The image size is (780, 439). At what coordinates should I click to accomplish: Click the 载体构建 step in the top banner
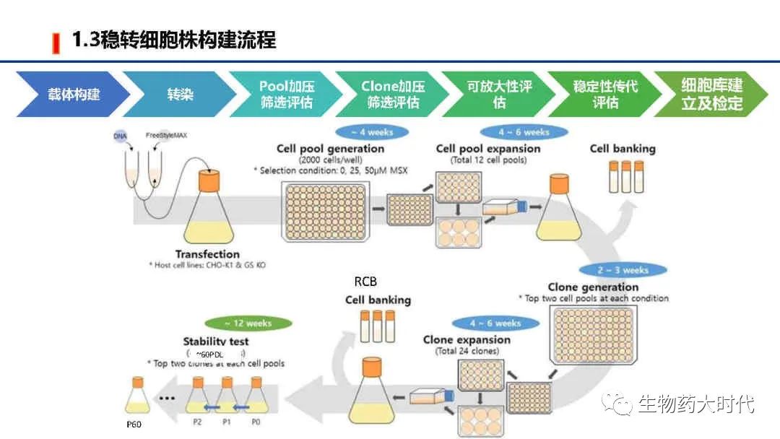[72, 94]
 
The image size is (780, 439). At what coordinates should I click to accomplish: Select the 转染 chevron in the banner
[180, 94]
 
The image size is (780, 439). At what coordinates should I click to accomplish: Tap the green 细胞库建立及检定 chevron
[711, 94]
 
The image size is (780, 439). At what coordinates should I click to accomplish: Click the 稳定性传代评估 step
[605, 94]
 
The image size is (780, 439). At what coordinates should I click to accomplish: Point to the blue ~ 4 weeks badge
[372, 133]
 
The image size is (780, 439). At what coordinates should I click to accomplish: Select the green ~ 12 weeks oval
[248, 323]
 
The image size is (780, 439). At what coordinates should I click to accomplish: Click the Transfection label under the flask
[207, 254]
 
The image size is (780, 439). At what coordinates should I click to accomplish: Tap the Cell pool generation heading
[330, 149]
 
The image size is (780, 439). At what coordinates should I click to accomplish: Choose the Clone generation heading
[592, 287]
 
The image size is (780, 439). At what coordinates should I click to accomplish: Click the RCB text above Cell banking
[365, 282]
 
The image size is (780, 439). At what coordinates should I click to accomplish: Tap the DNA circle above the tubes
[120, 136]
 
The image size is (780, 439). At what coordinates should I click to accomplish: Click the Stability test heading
[216, 342]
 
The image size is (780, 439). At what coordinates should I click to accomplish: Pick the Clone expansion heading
[467, 340]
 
